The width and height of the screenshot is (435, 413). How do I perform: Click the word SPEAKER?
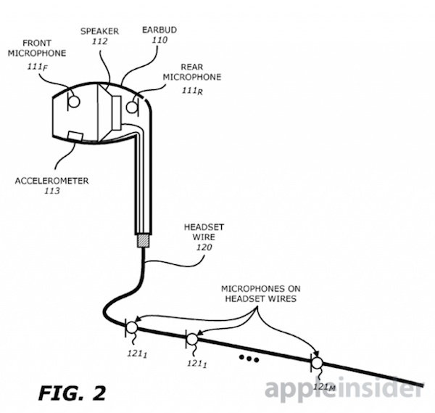point(99,31)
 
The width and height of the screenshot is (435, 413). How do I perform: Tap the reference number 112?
point(99,41)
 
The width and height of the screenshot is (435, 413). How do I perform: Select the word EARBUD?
point(159,30)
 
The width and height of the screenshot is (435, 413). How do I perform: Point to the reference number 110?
point(159,40)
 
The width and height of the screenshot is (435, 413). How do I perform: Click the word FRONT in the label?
point(37,43)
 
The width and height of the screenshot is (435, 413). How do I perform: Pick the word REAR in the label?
point(192,67)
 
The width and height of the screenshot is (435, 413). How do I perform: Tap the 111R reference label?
point(192,91)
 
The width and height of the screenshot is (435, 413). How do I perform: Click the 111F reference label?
point(37,67)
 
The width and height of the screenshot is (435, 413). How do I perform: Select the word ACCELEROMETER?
point(52,181)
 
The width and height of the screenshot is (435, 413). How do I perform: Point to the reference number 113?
point(52,191)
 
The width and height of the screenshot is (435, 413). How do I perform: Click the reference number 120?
point(204,248)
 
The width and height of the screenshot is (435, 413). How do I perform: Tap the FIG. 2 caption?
point(72,393)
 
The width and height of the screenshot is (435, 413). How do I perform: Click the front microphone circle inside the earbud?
point(74,102)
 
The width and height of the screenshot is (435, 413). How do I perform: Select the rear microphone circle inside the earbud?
point(132,107)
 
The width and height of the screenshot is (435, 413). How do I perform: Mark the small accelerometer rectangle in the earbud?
point(75,136)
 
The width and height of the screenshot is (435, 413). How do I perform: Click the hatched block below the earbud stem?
point(143,241)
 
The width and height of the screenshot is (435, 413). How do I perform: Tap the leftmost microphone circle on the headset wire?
point(132,327)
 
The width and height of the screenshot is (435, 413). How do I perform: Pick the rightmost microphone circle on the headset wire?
point(317,363)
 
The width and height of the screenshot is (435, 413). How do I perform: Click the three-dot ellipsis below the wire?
point(249,359)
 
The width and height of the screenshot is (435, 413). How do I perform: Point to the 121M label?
point(324,387)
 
